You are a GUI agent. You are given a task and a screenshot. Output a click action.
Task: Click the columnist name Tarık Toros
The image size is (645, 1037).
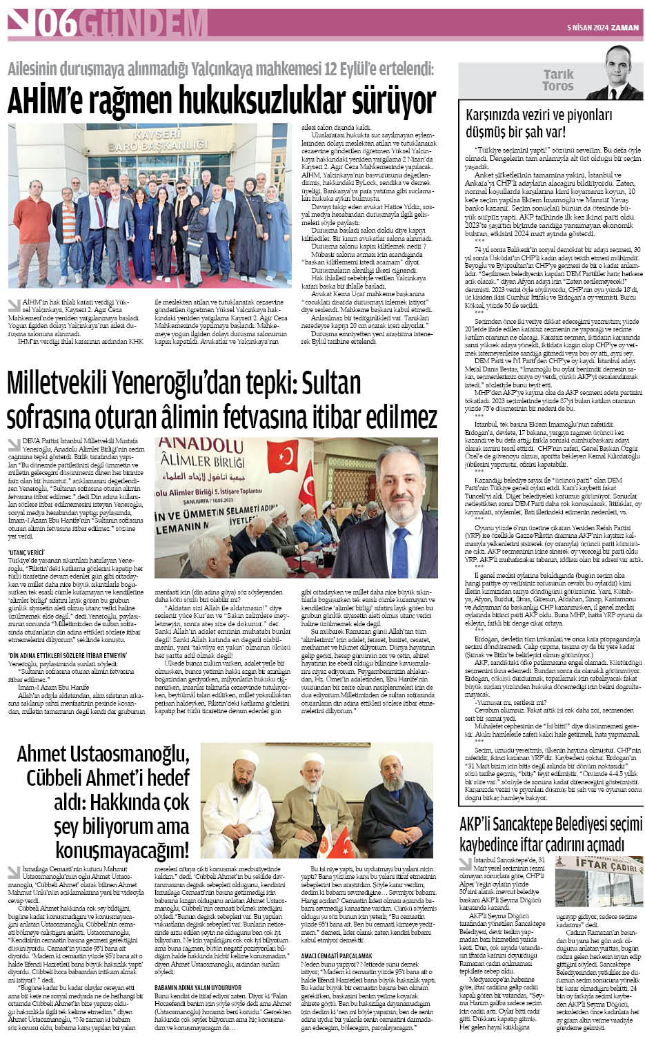(x=558, y=80)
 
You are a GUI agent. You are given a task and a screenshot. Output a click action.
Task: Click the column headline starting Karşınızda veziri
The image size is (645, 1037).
(x=538, y=123)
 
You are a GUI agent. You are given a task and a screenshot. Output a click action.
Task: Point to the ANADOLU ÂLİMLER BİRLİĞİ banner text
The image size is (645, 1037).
(x=200, y=455)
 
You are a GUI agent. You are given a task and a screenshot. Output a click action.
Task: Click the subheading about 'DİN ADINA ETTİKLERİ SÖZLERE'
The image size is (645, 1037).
(x=67, y=655)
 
